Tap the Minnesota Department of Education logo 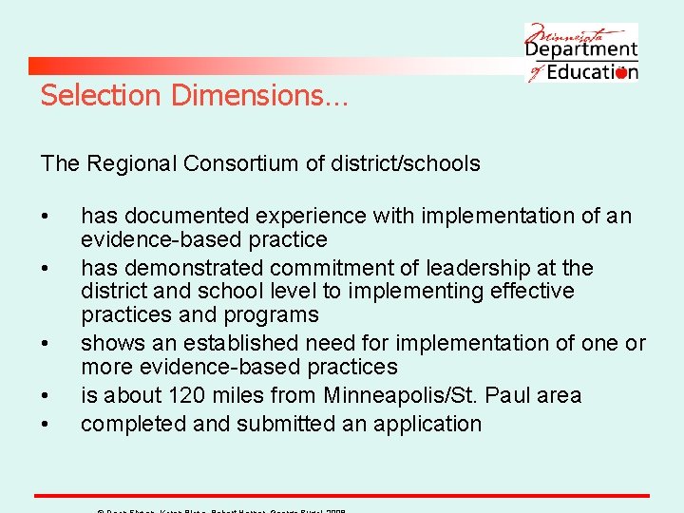tap(580, 52)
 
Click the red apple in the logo tap(621, 73)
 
